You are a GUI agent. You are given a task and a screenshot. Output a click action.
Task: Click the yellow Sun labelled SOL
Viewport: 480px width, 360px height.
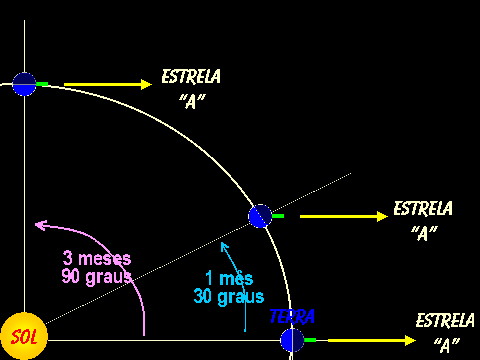coord(24,336)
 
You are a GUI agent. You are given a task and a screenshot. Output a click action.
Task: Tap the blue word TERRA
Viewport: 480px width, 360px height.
coord(292,317)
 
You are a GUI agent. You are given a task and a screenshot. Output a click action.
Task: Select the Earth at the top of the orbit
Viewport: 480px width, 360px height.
coord(24,84)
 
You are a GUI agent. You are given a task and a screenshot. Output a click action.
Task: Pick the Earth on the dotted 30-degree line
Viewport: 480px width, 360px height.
coord(260,216)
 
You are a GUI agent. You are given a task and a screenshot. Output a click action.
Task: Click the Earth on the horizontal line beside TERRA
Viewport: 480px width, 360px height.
coord(292,340)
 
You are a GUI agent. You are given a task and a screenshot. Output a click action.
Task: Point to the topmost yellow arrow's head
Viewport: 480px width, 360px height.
coord(147,84)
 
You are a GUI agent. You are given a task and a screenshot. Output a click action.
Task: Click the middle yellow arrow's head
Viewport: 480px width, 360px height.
coord(382,216)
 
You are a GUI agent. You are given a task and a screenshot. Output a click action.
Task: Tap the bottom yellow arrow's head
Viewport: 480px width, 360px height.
coord(410,340)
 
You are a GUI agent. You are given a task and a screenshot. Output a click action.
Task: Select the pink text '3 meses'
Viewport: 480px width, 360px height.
coord(97,258)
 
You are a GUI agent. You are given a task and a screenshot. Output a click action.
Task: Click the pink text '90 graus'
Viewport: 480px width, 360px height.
coord(97,277)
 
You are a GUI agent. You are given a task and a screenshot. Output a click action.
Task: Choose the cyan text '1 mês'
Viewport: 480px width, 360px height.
coord(229,278)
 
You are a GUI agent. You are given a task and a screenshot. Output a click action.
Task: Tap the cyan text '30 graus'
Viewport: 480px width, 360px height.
coord(229,296)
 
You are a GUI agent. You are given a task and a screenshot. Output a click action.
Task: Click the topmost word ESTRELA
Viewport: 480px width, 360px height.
coord(191,76)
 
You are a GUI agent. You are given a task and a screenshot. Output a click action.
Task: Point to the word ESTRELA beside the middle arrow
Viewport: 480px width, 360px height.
coord(423,208)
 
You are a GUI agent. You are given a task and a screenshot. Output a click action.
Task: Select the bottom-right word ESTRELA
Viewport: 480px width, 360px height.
coord(445,320)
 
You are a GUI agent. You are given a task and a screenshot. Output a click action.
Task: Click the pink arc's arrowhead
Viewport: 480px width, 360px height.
coord(41,225)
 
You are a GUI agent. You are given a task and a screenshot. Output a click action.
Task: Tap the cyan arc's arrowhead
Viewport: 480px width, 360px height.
coord(225,247)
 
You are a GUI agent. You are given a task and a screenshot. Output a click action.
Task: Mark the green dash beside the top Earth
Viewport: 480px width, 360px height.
coord(42,84)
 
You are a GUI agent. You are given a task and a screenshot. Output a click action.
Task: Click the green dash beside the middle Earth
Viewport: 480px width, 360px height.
coord(278,216)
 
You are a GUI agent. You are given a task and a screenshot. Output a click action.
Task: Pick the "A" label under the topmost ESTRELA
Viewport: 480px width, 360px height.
coord(192,101)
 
